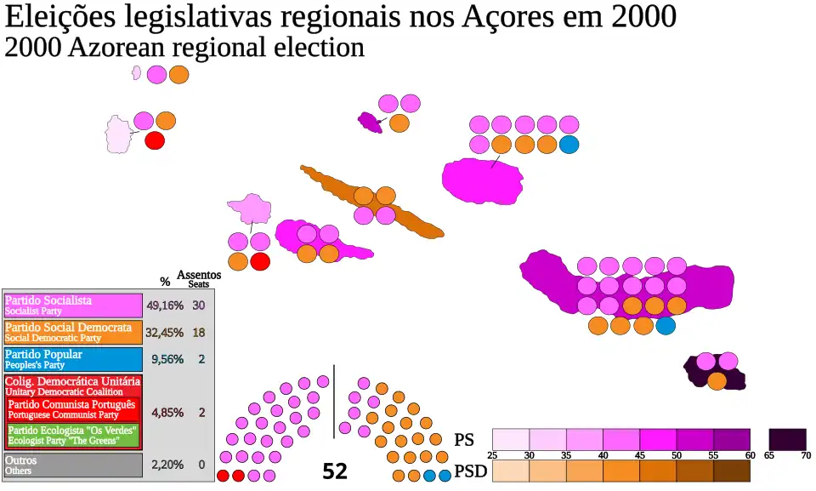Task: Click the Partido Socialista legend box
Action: (x=73, y=305)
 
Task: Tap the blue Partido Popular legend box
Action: (x=73, y=359)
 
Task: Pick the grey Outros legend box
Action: (x=73, y=465)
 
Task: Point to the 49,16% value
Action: (x=165, y=305)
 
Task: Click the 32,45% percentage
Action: (x=165, y=333)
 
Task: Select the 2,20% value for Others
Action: (x=167, y=465)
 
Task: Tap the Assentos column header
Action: (x=199, y=276)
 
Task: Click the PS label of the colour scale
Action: (x=464, y=440)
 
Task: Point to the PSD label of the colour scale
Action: (x=471, y=471)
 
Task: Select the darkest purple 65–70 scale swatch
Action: (x=787, y=440)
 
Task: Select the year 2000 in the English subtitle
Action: (x=32, y=49)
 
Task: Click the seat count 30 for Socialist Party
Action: (x=199, y=305)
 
